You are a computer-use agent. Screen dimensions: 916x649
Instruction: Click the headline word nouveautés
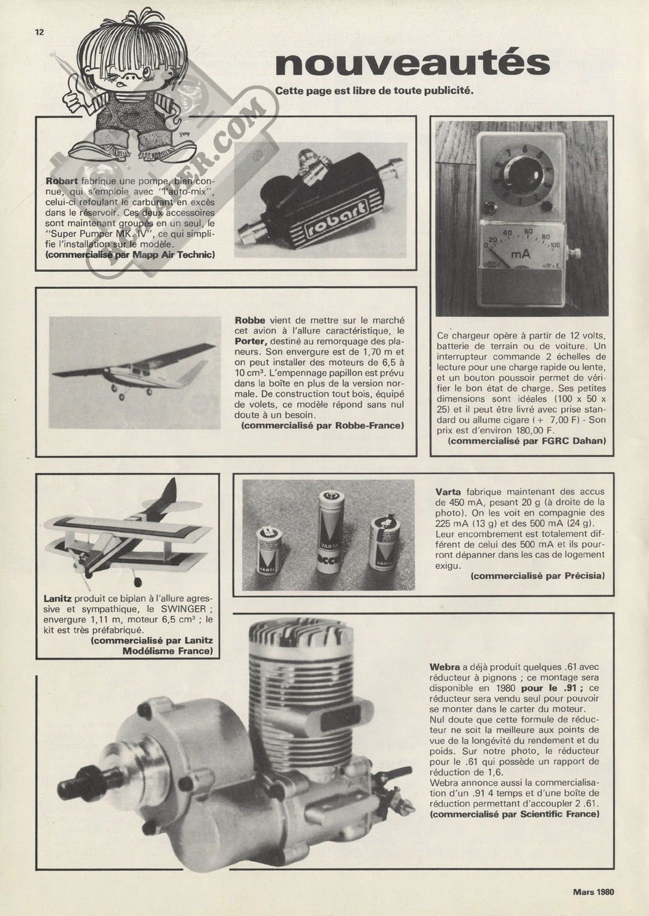point(412,64)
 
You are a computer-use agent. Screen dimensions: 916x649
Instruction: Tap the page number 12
point(39,32)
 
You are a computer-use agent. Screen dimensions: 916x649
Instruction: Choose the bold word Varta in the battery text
point(448,493)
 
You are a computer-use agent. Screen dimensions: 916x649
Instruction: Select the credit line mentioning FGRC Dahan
point(528,441)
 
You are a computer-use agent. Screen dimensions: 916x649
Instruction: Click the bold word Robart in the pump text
point(63,181)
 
